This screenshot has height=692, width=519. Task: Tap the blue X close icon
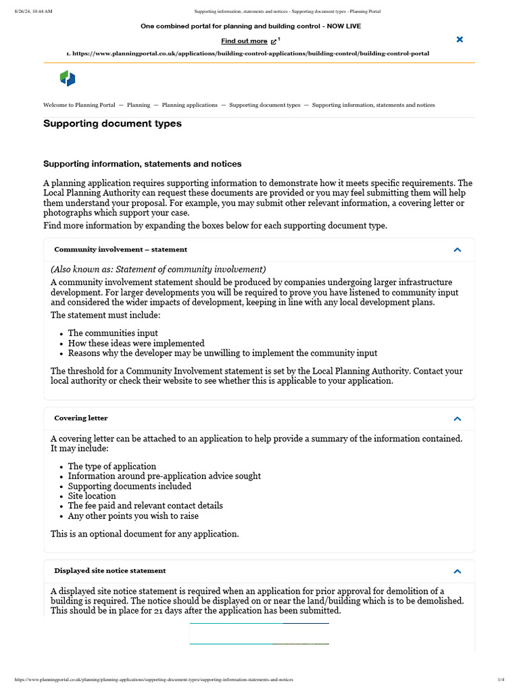point(460,40)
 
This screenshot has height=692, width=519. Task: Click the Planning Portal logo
point(68,78)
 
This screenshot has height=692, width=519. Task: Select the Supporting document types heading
point(112,124)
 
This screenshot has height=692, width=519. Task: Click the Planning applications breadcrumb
point(190,105)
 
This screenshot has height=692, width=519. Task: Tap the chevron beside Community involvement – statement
point(458,250)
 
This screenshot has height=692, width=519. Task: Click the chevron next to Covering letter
point(458,418)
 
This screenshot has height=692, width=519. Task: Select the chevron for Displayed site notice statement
point(458,571)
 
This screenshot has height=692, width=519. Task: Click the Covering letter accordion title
point(81,418)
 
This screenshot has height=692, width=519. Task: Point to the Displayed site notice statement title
point(110,571)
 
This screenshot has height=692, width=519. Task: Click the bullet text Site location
point(92,496)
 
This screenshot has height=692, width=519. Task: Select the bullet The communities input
point(113,333)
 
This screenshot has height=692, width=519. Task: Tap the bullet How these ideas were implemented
point(136,343)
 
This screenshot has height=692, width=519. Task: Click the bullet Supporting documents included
point(130,487)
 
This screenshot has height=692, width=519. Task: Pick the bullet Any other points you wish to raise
point(133,516)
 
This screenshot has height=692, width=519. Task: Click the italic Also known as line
point(158,269)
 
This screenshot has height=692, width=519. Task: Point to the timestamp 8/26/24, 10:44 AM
point(33,11)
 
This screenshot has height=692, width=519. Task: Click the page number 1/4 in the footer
point(501,679)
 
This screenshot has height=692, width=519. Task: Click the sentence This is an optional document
point(145,534)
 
